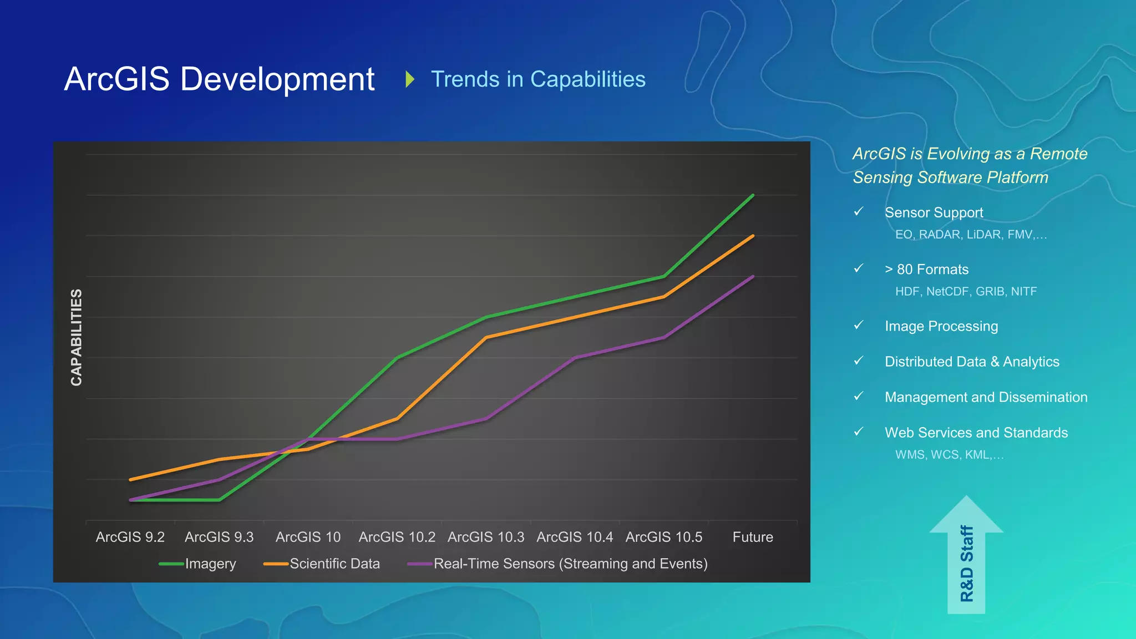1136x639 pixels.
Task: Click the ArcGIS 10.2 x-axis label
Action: coord(397,537)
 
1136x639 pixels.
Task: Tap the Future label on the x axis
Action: coord(752,537)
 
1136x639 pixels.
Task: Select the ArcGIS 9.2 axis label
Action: coord(130,537)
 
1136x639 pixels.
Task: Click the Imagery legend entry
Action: coord(210,564)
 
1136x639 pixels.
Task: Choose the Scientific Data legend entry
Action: coord(334,564)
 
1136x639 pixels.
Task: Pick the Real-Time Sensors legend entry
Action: coord(570,564)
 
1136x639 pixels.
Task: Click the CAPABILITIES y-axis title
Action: coord(77,337)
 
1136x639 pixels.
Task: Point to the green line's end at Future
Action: coord(753,195)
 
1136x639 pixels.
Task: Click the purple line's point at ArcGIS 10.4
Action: coord(575,358)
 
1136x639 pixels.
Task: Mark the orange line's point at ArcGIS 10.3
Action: coord(486,337)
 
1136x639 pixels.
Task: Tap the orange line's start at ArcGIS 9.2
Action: coord(130,479)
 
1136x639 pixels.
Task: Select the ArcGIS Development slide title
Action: coord(219,79)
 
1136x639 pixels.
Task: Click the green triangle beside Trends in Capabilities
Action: coord(410,79)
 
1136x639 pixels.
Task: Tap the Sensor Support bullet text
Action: coord(934,212)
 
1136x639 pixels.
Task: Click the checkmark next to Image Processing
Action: coord(859,325)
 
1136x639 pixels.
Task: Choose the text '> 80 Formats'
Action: coord(926,270)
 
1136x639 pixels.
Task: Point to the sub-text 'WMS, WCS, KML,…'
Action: coord(949,455)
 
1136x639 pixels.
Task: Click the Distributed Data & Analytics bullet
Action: coord(972,362)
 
